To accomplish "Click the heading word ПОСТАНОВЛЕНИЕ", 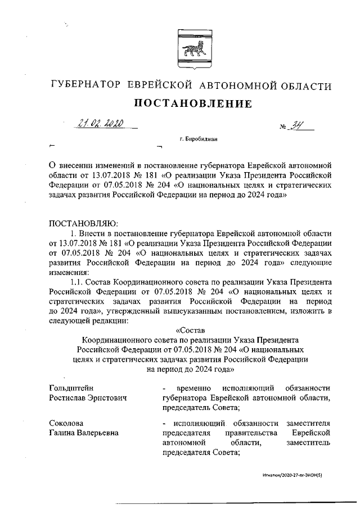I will (x=191, y=103).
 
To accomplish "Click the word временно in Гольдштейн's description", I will (x=193, y=388).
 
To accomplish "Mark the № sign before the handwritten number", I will (x=283, y=128).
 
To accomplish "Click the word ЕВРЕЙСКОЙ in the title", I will (x=160, y=85).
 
